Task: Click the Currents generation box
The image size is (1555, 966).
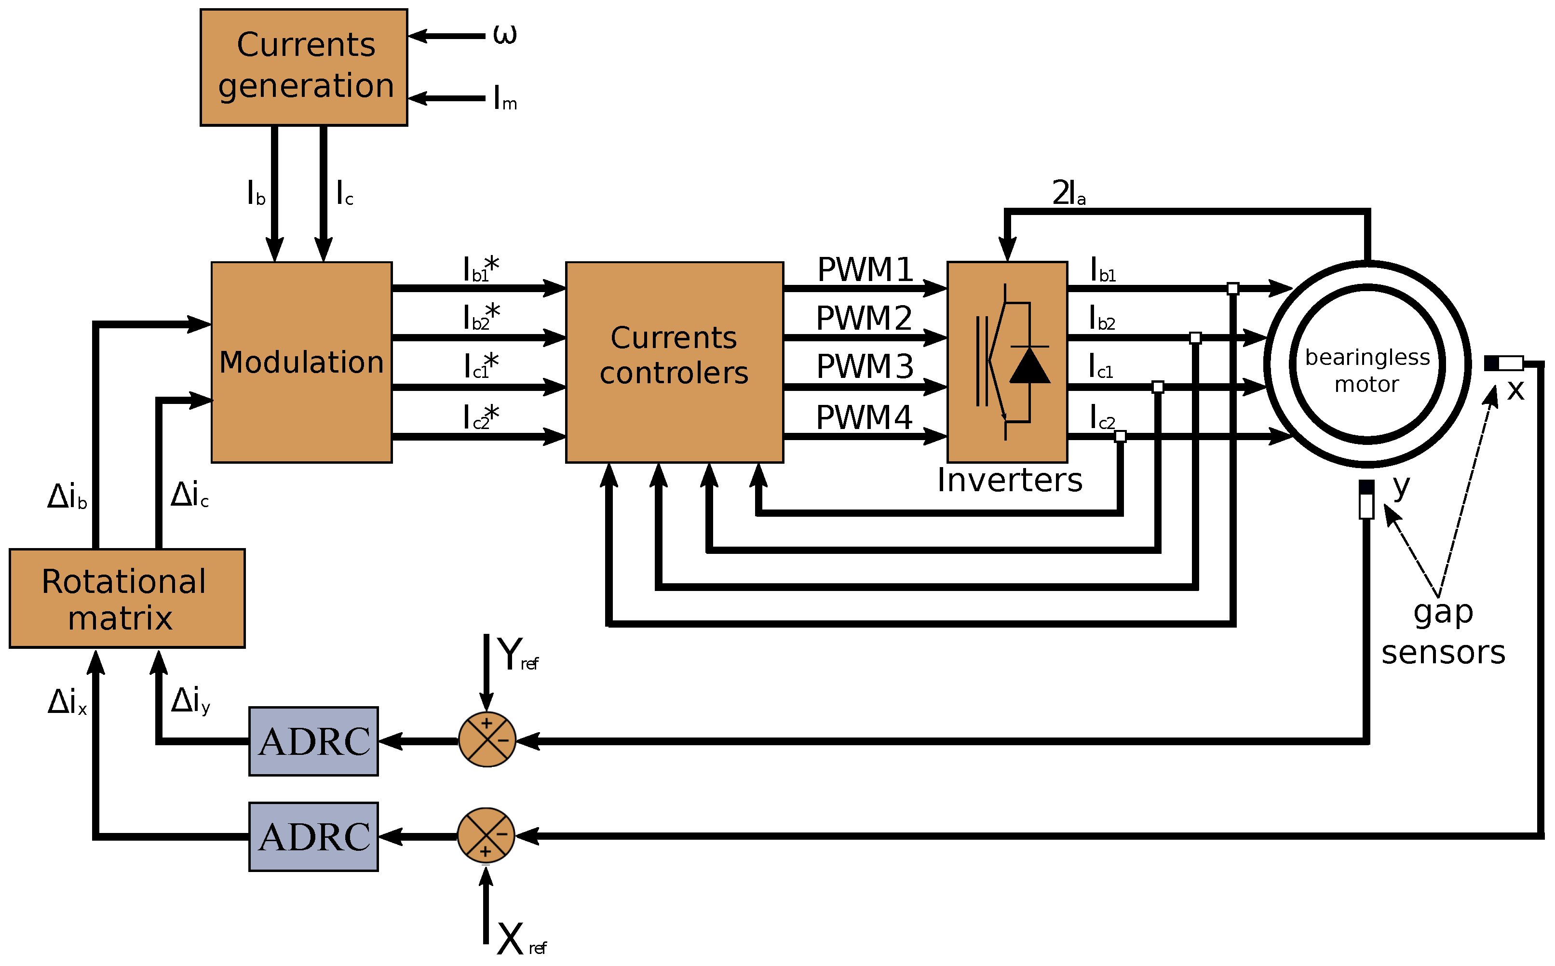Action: click(x=304, y=67)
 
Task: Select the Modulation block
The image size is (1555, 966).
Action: click(x=301, y=362)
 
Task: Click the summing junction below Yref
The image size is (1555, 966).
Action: click(x=487, y=740)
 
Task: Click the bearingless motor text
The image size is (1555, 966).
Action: click(x=1367, y=371)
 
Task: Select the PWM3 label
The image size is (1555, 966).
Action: click(x=865, y=367)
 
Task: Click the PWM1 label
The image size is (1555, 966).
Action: click(x=865, y=269)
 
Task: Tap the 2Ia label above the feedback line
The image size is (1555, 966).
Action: click(x=1068, y=193)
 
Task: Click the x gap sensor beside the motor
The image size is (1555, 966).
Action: click(x=1504, y=363)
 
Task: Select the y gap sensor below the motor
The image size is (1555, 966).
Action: click(x=1366, y=499)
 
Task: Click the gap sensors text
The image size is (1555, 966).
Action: click(x=1444, y=632)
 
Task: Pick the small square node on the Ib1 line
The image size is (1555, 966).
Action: click(x=1233, y=289)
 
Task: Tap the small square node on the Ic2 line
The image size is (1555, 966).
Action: click(x=1120, y=436)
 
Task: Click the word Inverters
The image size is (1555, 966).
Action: click(x=1009, y=481)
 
